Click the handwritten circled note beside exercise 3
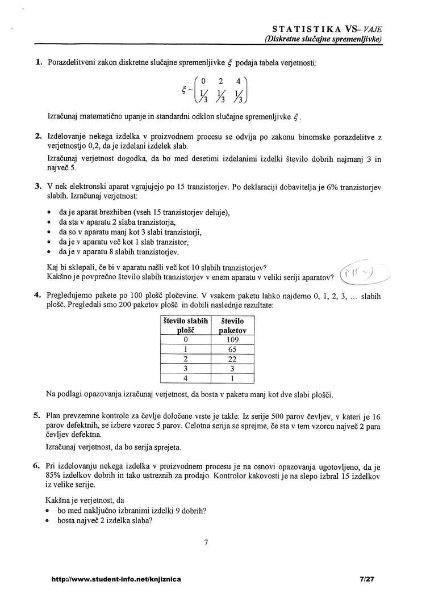363,273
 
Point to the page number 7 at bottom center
206,543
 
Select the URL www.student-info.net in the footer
116,579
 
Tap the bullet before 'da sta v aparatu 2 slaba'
50,222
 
